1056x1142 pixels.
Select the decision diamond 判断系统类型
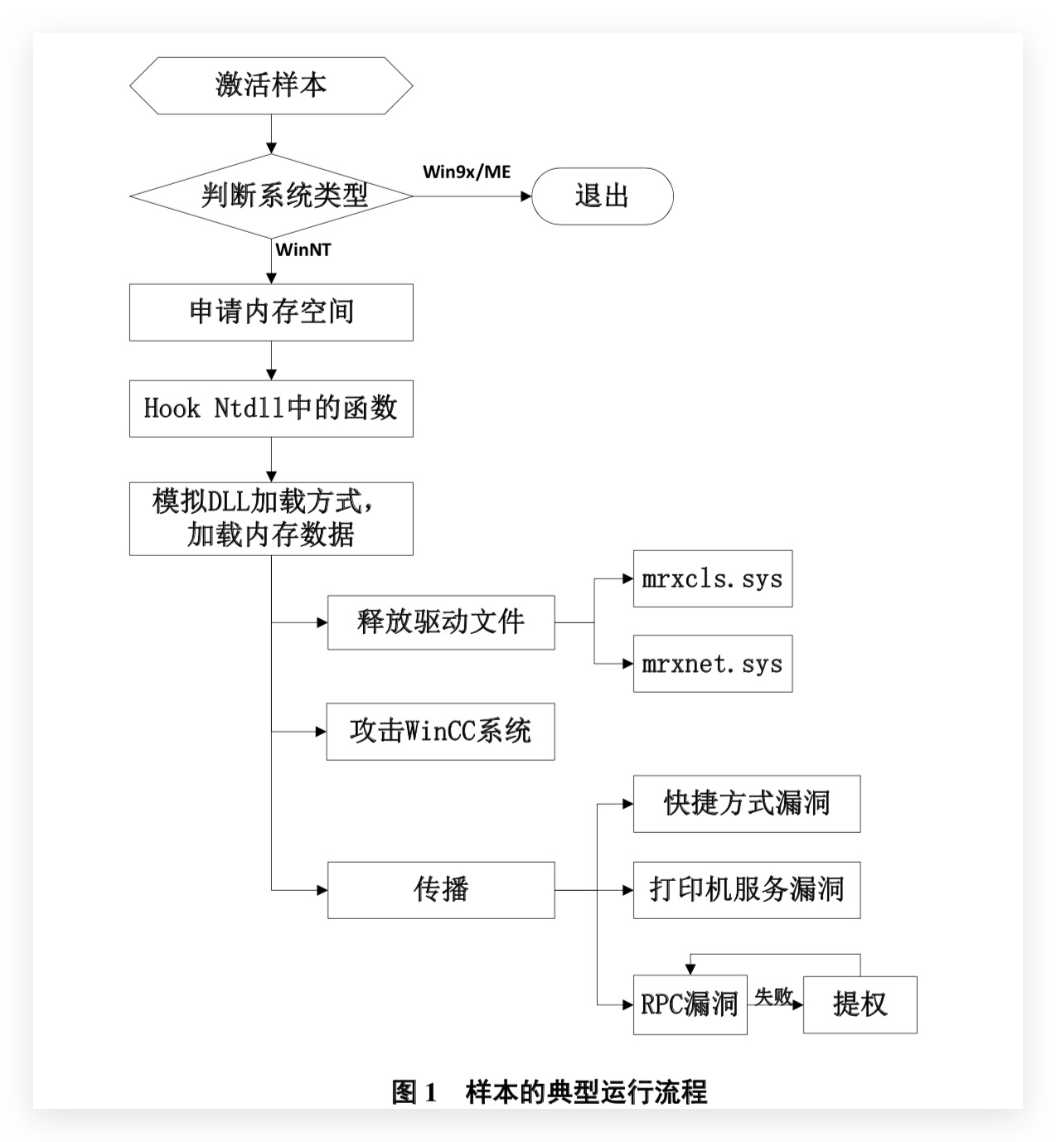[x=271, y=196]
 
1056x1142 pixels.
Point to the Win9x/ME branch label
[x=467, y=172]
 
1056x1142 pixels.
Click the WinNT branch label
[x=303, y=249]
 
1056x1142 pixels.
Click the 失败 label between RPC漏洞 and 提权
[x=773, y=996]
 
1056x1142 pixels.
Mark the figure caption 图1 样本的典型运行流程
[x=550, y=1091]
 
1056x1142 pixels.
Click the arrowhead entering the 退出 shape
[x=526, y=196]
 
